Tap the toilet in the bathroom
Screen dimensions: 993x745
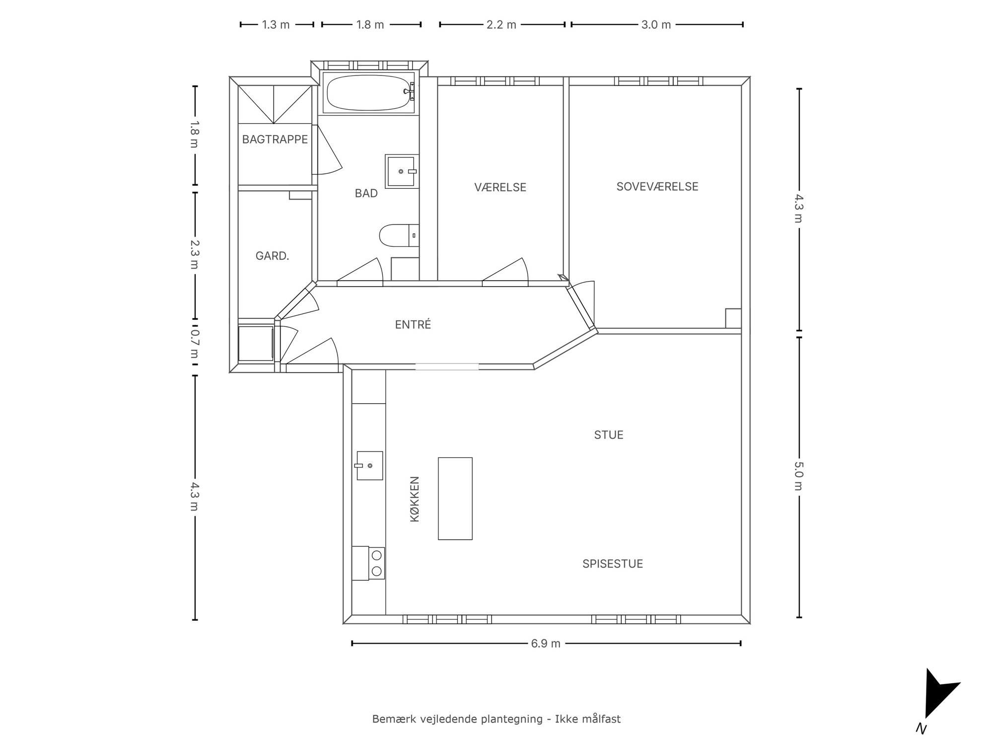[x=399, y=235]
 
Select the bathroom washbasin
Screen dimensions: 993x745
[x=402, y=171]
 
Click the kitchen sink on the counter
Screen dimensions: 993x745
[x=369, y=465]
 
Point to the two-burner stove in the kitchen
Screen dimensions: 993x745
[x=368, y=563]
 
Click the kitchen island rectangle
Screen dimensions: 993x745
[x=455, y=498]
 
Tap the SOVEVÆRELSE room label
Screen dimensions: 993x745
[x=657, y=186]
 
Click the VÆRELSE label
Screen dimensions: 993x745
[x=500, y=187]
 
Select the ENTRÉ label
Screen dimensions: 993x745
[x=413, y=324]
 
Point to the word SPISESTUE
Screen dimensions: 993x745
[x=613, y=564]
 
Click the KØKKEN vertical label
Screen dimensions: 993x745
[x=415, y=499]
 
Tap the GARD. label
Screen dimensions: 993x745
[x=272, y=256]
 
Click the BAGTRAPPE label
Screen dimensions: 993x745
[x=275, y=140]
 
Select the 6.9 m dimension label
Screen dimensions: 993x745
[x=546, y=644]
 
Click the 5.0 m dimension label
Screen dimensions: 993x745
[x=798, y=476]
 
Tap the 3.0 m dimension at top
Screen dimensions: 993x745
[x=656, y=25]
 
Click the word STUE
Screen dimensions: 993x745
[x=609, y=435]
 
